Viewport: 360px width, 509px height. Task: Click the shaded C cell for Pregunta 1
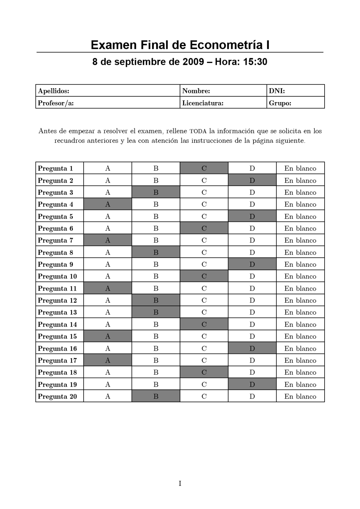click(x=204, y=168)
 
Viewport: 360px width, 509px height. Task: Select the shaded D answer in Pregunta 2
click(x=252, y=180)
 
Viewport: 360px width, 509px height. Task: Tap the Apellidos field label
click(x=53, y=91)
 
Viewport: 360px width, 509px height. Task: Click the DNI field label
click(x=277, y=91)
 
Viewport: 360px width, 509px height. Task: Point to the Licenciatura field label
click(x=203, y=103)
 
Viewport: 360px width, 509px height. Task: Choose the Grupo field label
click(x=280, y=103)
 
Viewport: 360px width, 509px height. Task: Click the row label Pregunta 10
click(x=57, y=276)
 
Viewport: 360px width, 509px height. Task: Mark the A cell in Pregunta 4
click(x=108, y=204)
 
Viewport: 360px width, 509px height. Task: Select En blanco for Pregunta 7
click(x=300, y=240)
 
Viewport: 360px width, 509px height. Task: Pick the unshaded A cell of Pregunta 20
click(x=108, y=396)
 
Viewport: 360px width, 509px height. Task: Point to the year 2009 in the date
click(x=193, y=62)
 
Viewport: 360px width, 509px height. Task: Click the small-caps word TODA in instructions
click(x=198, y=131)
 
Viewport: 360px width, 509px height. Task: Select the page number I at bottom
click(x=180, y=483)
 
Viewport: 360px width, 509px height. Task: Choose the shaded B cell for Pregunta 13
click(x=156, y=312)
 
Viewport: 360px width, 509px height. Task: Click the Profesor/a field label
click(x=56, y=103)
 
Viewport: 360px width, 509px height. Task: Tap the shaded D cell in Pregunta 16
click(x=252, y=348)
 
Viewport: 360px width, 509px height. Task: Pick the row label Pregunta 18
click(x=57, y=372)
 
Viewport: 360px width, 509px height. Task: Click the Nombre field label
click(x=196, y=91)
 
